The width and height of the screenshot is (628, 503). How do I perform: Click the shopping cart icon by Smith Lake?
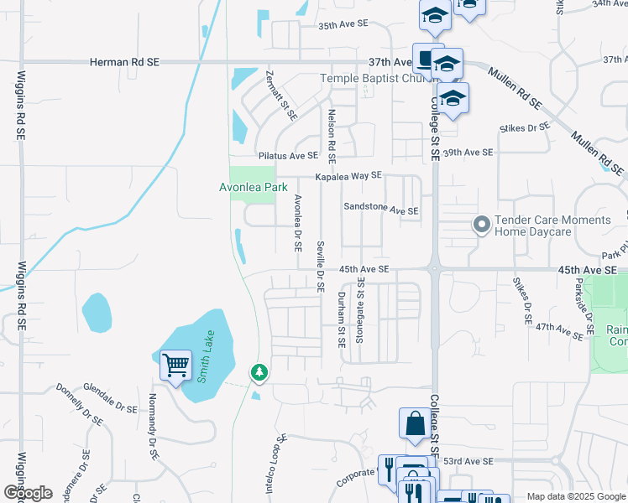(175, 366)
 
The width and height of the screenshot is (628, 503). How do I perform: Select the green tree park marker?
(259, 371)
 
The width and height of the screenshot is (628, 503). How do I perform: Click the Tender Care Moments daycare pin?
(481, 225)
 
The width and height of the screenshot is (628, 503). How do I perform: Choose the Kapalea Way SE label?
(348, 176)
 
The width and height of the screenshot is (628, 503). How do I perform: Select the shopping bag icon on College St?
(416, 423)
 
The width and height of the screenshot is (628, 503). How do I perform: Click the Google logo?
(27, 493)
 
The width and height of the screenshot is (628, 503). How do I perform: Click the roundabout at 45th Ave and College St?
(434, 270)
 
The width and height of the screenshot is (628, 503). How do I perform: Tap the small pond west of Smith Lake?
(97, 312)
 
